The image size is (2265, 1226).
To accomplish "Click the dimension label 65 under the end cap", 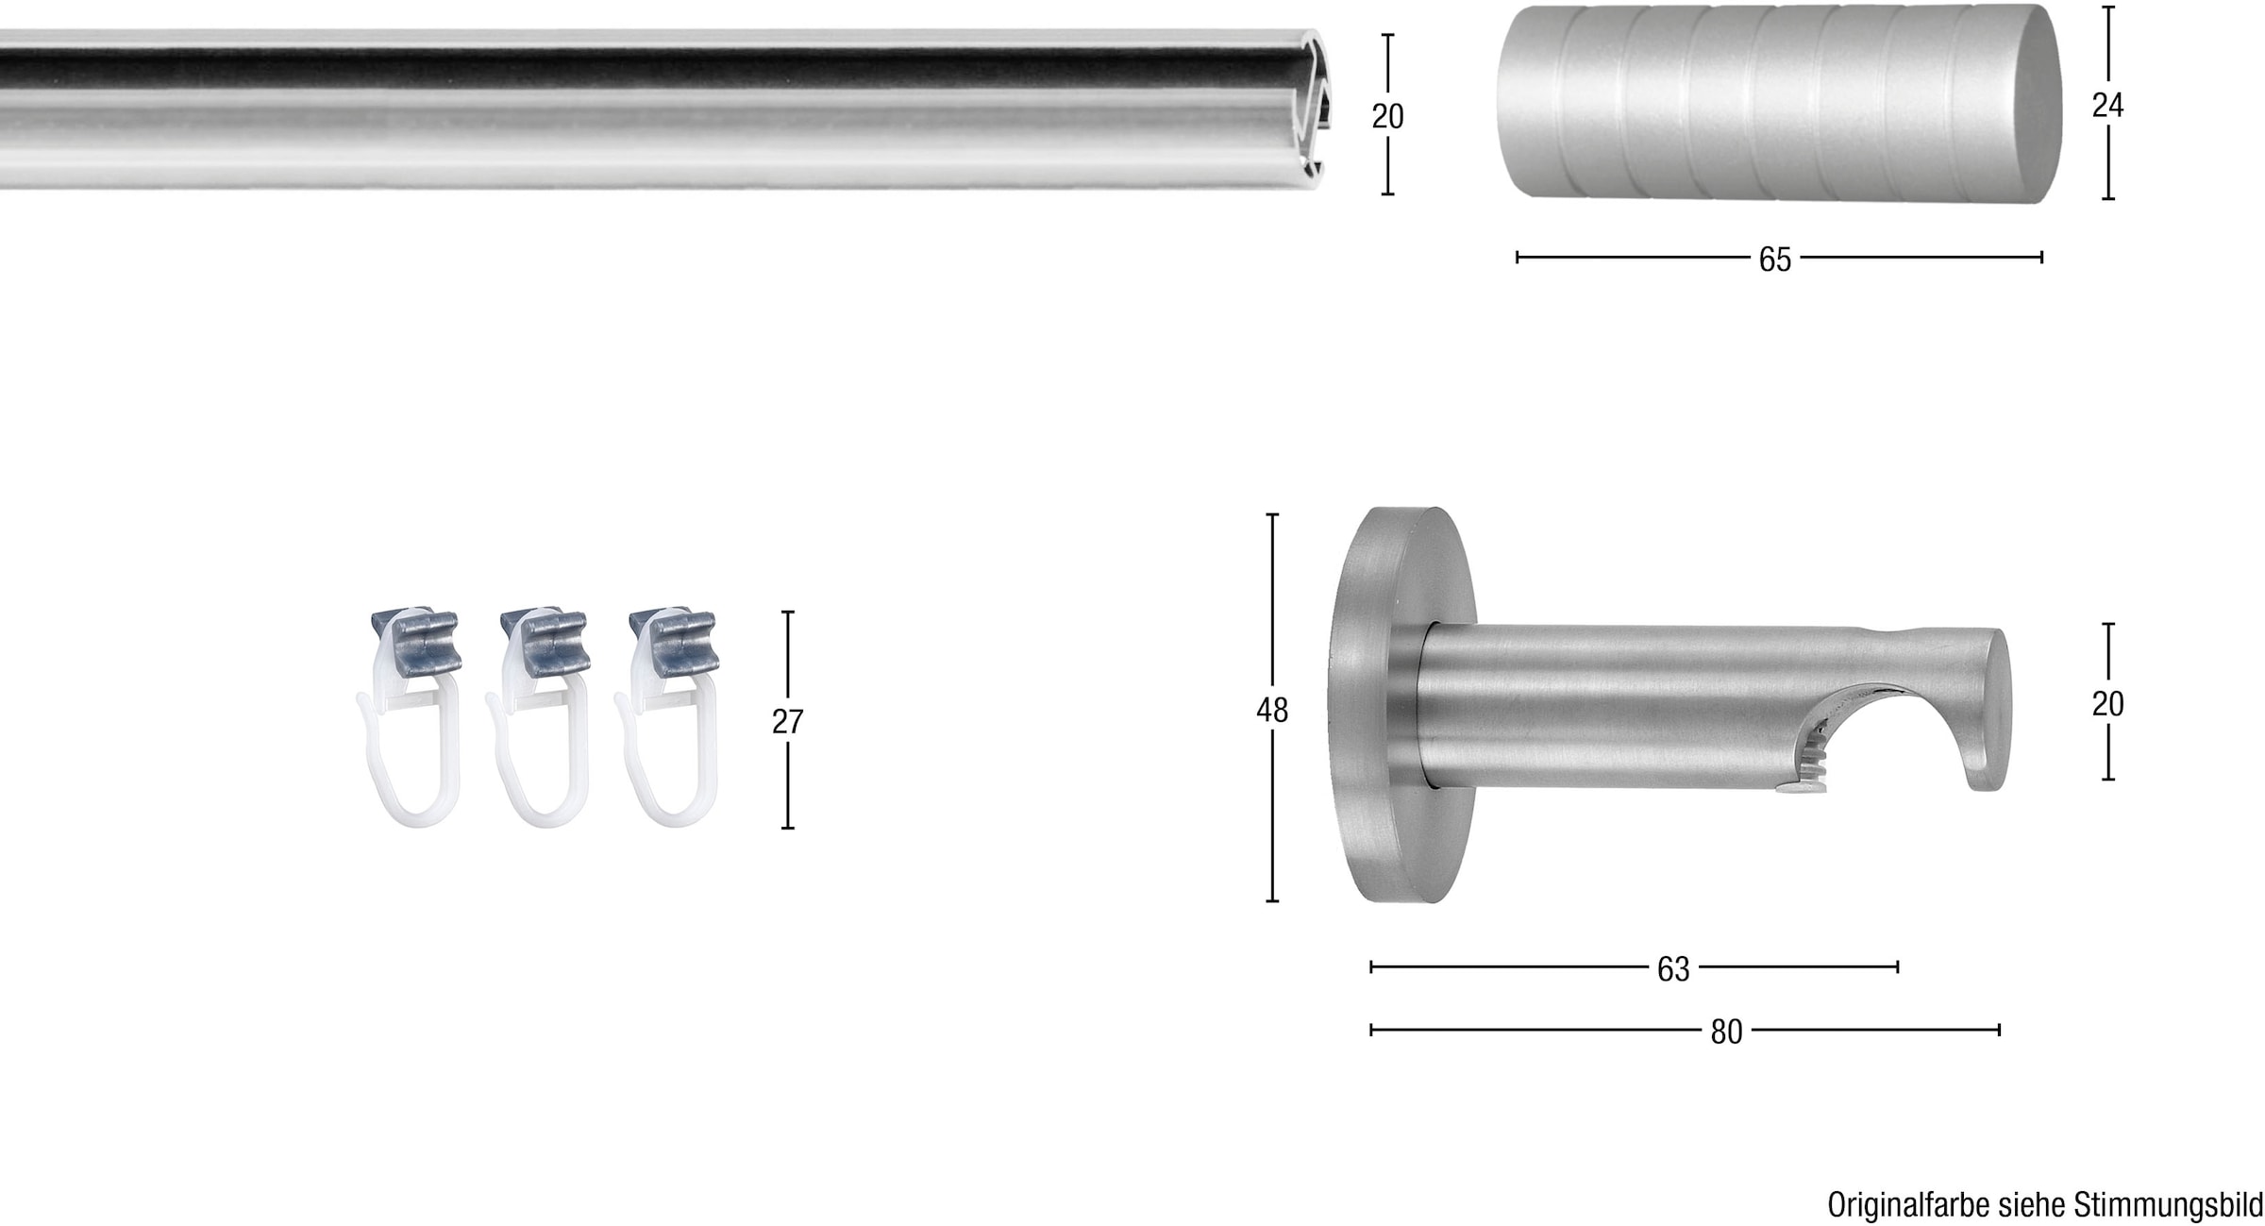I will coord(1774,260).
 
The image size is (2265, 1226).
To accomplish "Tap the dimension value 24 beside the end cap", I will coord(2107,106).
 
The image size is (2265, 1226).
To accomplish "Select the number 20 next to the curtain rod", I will coord(1387,116).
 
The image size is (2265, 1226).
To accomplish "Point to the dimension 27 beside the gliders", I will coord(787,721).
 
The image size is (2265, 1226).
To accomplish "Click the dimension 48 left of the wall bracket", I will coord(1271,711).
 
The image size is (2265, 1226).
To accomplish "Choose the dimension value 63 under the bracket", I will coord(1673,969).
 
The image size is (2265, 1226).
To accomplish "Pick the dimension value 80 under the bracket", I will coord(1726,1033).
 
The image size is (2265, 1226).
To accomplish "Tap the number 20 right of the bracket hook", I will coord(2107,704).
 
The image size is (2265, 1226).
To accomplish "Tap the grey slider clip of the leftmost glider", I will coord(414,641).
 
